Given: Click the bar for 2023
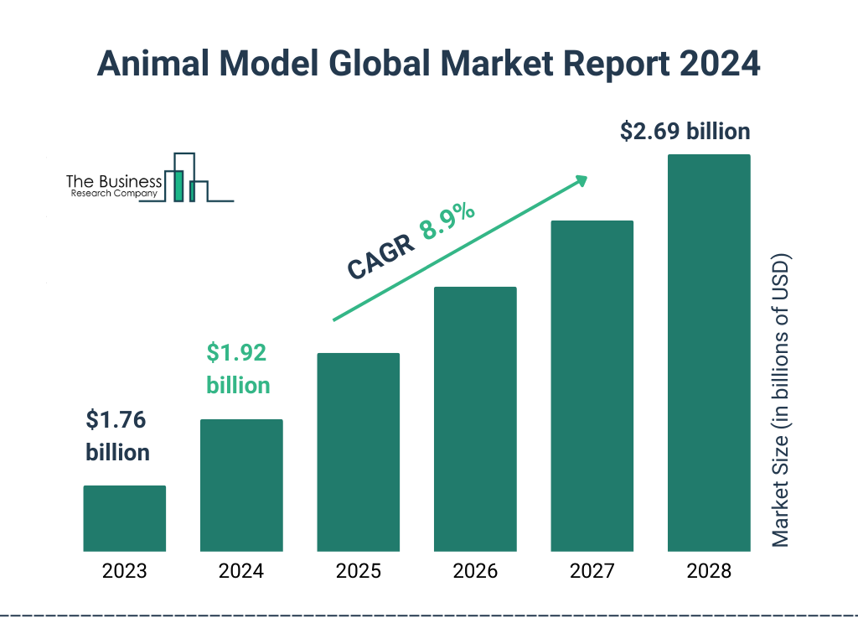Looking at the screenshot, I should point(124,518).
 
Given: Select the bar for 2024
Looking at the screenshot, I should point(241,485).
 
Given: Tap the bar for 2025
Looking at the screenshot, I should point(358,452).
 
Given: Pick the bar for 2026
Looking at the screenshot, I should point(475,419).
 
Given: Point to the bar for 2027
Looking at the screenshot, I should point(592,386).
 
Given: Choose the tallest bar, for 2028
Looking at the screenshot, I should point(709,353).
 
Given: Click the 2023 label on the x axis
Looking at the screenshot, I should point(124,572).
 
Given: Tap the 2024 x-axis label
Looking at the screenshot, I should point(241,572).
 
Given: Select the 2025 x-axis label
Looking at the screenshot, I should point(358,572).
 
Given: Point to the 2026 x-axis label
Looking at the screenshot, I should point(475,572).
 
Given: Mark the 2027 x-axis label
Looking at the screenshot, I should point(592,572).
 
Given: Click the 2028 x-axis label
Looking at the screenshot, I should point(709,572).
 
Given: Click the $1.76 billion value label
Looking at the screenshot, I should point(117,436).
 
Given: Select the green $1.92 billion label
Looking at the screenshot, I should point(238,369).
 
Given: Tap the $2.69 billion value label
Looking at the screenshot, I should point(685,132).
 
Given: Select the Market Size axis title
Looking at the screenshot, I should point(781,399).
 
